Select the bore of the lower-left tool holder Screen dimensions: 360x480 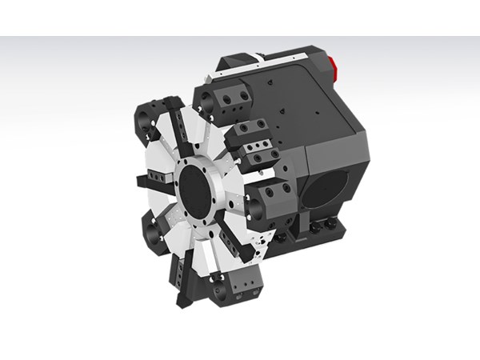coord(154,235)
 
